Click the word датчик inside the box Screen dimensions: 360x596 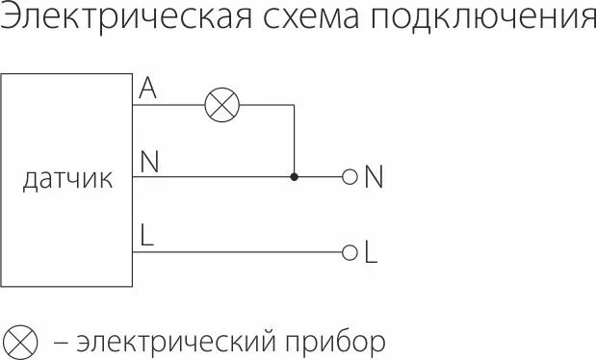pos(67,179)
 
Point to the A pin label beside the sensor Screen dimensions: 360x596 pos(147,90)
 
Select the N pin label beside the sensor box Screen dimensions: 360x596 pos(149,162)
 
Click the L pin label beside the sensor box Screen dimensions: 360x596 pos(147,235)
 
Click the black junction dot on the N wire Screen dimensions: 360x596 pos(294,177)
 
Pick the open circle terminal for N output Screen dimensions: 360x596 pos(350,177)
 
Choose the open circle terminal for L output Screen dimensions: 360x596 pos(350,252)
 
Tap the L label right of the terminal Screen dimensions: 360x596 pos(371,253)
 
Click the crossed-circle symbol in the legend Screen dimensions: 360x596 pos(22,340)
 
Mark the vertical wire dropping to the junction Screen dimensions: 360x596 pos(294,141)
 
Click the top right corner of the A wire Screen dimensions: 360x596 pos(294,105)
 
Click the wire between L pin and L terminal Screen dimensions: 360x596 pos(241,252)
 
